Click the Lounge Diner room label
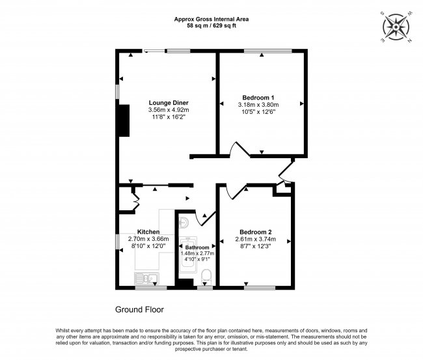point(168,103)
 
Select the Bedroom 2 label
point(255,232)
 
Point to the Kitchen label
point(148,232)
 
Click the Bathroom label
point(197,247)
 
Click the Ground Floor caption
point(139,310)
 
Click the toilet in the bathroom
point(208,278)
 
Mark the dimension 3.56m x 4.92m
point(168,110)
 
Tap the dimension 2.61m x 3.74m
point(255,240)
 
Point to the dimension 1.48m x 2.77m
point(197,253)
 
